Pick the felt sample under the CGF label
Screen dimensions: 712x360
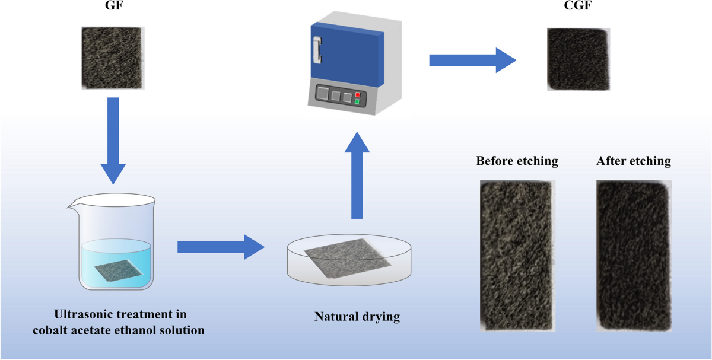[x=577, y=60]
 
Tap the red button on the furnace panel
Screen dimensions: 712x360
[x=357, y=94]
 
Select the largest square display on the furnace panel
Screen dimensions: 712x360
[x=323, y=94]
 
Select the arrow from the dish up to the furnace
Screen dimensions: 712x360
[x=356, y=174]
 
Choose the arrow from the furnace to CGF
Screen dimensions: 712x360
[x=472, y=59]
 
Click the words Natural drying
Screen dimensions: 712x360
[x=357, y=317]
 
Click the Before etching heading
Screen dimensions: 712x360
[x=517, y=161]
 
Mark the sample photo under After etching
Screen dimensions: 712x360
[x=634, y=254]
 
